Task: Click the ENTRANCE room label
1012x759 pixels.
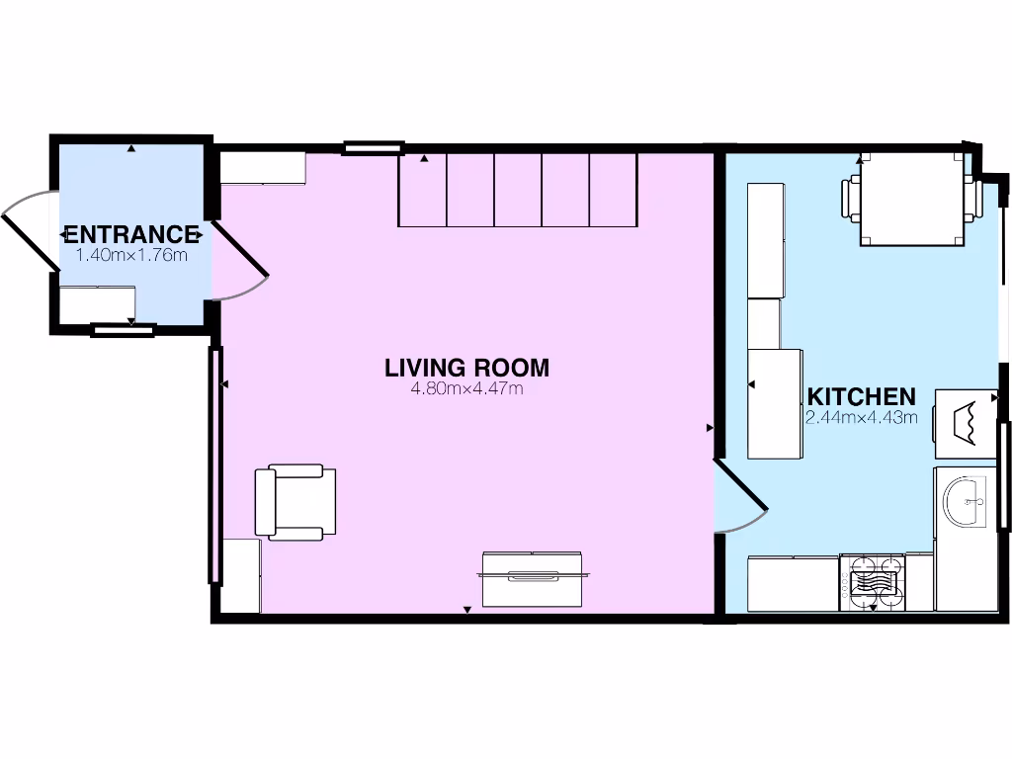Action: (x=131, y=234)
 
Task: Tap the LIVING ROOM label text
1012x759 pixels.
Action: (x=466, y=368)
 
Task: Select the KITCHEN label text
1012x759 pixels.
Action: (x=862, y=396)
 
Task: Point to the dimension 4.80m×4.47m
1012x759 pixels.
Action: (x=466, y=388)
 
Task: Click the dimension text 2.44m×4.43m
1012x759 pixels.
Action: (x=862, y=417)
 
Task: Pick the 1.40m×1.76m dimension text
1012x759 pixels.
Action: (x=131, y=254)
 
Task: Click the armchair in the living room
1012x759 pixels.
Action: (x=295, y=503)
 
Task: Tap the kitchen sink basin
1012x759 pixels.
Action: (x=965, y=502)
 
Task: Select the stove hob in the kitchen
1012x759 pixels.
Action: (x=873, y=581)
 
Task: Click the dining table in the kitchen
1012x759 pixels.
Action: (x=911, y=202)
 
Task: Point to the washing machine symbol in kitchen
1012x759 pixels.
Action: (x=966, y=421)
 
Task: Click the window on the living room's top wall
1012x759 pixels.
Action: (x=374, y=149)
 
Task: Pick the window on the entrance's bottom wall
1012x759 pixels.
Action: (x=123, y=330)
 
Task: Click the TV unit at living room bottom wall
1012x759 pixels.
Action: (x=533, y=578)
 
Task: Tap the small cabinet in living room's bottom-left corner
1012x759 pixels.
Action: (x=240, y=575)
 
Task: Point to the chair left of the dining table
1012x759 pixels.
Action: (x=850, y=199)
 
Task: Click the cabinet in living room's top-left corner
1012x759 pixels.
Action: (x=262, y=168)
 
